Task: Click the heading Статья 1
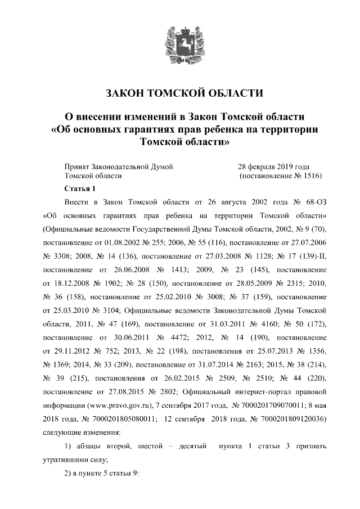(x=81, y=188)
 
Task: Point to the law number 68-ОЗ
(x=308, y=202)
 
